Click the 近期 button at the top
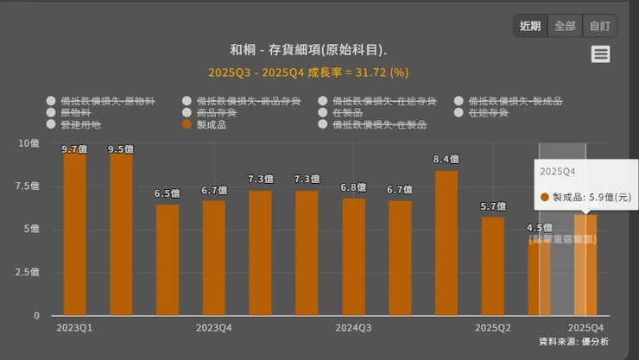tap(530, 26)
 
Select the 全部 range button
tap(565, 26)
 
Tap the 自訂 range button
tap(599, 26)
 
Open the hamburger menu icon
tap(601, 54)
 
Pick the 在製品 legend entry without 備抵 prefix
tap(347, 113)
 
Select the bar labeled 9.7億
tap(75, 233)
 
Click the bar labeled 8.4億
tap(446, 243)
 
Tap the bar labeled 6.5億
tap(168, 259)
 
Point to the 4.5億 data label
tap(539, 228)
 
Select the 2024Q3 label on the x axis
tap(353, 328)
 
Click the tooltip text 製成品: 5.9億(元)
tap(591, 198)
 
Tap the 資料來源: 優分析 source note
tap(573, 343)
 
